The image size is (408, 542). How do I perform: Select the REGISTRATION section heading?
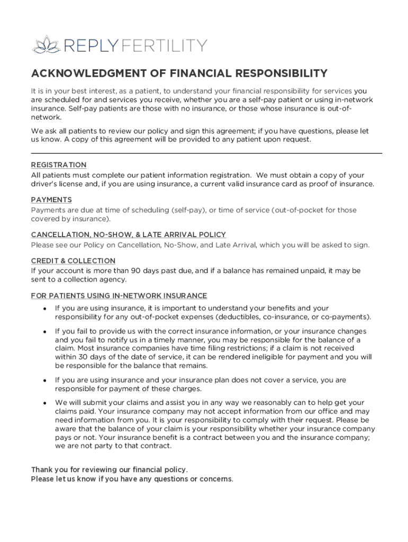(x=58, y=165)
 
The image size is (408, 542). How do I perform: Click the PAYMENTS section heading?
(x=51, y=200)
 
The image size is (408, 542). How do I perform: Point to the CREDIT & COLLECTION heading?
(x=73, y=261)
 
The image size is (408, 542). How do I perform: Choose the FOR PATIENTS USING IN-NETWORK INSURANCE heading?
(x=119, y=296)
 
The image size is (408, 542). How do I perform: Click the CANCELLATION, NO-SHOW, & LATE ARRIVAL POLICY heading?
(x=128, y=234)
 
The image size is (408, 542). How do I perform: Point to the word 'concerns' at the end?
(x=214, y=479)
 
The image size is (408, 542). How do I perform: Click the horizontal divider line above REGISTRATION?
(x=206, y=153)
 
